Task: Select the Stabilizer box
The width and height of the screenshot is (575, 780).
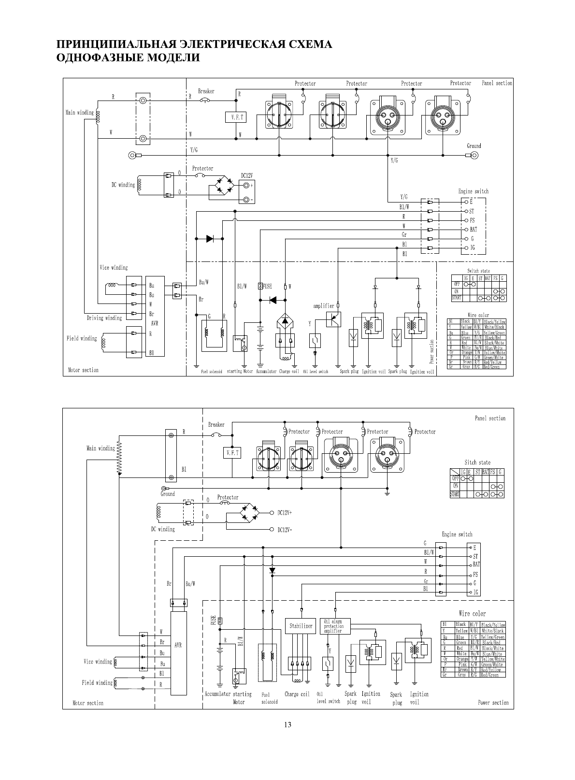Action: pyautogui.click(x=301, y=626)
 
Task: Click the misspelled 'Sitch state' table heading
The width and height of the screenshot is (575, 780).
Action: pyautogui.click(x=477, y=462)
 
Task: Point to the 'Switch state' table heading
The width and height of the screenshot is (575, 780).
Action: pyautogui.click(x=478, y=271)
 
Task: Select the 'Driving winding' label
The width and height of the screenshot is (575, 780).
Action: pyautogui.click(x=104, y=318)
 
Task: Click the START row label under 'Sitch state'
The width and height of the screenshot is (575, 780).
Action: pyautogui.click(x=455, y=494)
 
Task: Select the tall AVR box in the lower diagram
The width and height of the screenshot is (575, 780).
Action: pyautogui.click(x=178, y=652)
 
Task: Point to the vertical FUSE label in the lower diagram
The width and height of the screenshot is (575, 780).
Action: pyautogui.click(x=212, y=621)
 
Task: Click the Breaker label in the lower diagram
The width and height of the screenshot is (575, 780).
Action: pyautogui.click(x=216, y=425)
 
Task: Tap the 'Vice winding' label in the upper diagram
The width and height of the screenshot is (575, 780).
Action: pyautogui.click(x=114, y=267)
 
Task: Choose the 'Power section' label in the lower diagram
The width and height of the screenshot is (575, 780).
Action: pyautogui.click(x=493, y=703)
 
